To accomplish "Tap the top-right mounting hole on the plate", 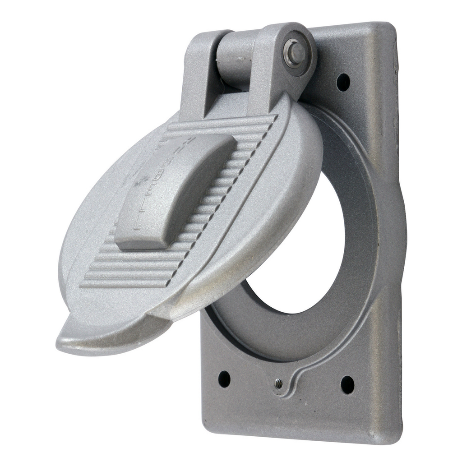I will click(343, 82).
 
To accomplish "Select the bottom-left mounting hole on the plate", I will click(224, 379).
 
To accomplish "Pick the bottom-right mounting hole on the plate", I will click(347, 384).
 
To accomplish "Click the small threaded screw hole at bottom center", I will click(279, 384).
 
